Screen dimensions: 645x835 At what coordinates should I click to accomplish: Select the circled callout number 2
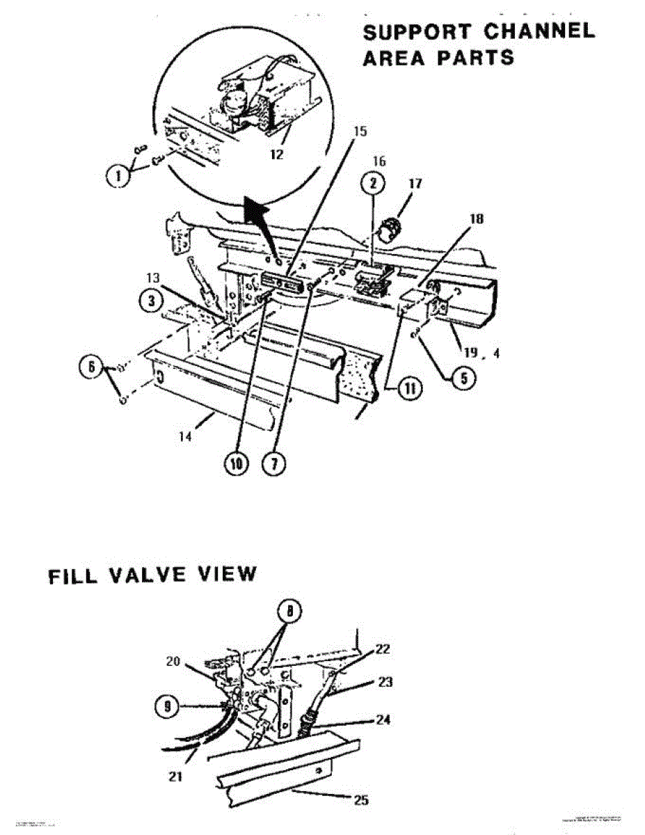374,184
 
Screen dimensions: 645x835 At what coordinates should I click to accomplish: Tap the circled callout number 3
149,301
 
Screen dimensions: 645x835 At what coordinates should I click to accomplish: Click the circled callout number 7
274,463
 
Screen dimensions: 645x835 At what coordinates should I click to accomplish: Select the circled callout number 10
236,463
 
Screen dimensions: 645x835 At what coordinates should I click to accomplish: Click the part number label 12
276,154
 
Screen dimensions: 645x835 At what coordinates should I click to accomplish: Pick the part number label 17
415,185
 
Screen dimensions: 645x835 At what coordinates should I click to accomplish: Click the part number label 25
360,800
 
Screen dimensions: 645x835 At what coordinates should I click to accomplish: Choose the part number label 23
385,683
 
